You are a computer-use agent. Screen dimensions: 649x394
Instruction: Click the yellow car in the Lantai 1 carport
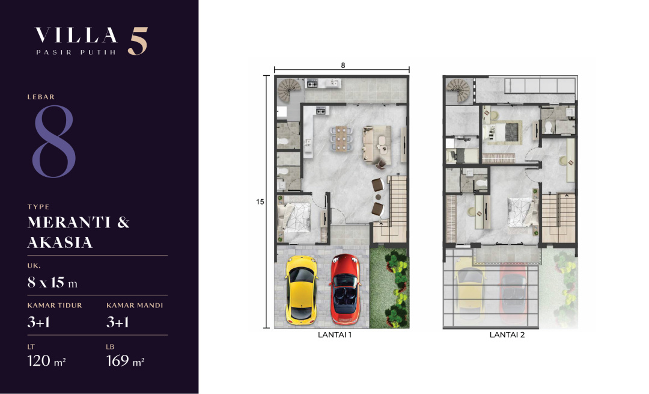pyautogui.click(x=301, y=289)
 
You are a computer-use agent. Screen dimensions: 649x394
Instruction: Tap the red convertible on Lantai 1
pyautogui.click(x=345, y=289)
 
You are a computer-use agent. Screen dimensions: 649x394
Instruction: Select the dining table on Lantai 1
pyautogui.click(x=341, y=138)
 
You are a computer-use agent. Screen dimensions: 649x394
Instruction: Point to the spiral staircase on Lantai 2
pyautogui.click(x=458, y=90)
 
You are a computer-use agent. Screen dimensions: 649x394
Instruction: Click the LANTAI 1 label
pyautogui.click(x=335, y=335)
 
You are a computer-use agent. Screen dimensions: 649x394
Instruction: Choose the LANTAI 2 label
pyautogui.click(x=507, y=335)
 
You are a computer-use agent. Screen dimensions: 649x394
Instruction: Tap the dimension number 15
pyautogui.click(x=260, y=202)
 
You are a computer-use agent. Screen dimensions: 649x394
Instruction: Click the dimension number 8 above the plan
pyautogui.click(x=343, y=66)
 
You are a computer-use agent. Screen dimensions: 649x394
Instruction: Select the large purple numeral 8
pyautogui.click(x=54, y=141)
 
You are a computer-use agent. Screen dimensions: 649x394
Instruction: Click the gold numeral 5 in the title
pyautogui.click(x=138, y=41)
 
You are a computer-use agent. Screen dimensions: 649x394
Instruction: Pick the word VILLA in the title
pyautogui.click(x=76, y=35)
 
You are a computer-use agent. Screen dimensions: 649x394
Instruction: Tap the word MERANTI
pyautogui.click(x=69, y=223)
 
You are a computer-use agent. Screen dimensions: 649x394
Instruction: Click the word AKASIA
pyautogui.click(x=60, y=242)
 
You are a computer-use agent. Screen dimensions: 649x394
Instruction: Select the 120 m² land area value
pyautogui.click(x=46, y=361)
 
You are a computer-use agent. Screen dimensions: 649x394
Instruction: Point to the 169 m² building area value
pyautogui.click(x=125, y=361)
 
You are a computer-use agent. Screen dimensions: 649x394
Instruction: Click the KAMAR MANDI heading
pyautogui.click(x=135, y=306)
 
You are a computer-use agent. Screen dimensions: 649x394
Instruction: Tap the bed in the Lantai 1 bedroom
pyautogui.click(x=294, y=218)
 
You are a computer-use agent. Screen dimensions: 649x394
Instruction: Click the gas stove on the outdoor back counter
pyautogui.click(x=312, y=84)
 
